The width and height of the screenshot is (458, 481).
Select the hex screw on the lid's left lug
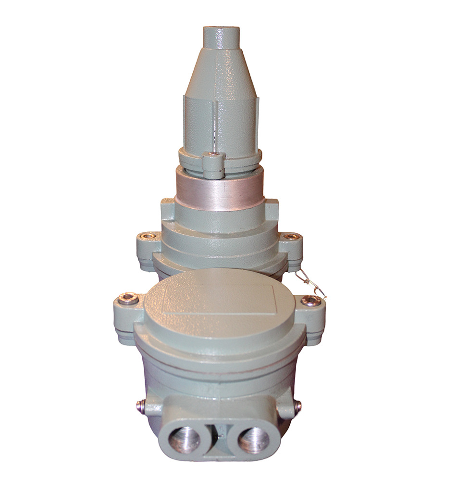coord(127,299)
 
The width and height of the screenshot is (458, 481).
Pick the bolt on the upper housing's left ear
coord(148,236)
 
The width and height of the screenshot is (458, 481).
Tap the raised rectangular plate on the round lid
coord(219,298)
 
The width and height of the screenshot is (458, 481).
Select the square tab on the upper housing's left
coord(167,208)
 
